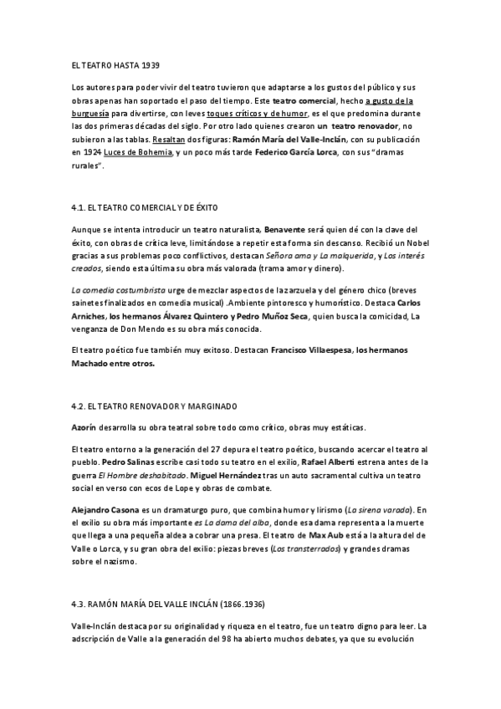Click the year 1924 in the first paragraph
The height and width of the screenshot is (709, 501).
coord(93,153)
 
